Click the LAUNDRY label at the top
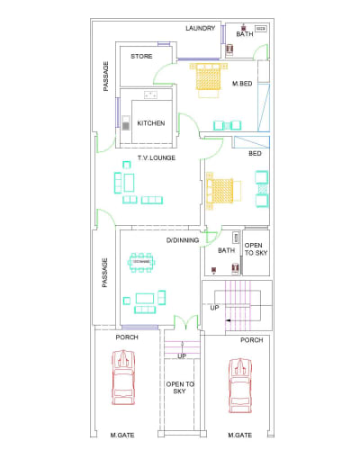coord(201,29)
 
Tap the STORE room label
coord(141,57)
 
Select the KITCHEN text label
coord(150,123)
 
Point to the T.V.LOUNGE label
coord(156,158)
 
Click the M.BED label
coord(241,84)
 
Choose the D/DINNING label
coord(183,241)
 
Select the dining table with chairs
coord(141,262)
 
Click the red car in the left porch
coord(124,381)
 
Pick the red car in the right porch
coord(239,384)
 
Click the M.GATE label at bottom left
coord(122,436)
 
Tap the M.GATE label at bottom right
coord(239,436)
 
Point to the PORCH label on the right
coord(251,340)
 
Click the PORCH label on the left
coord(125,338)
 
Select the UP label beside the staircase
coord(214,308)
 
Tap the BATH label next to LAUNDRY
coord(245,34)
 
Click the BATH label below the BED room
coord(226,251)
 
